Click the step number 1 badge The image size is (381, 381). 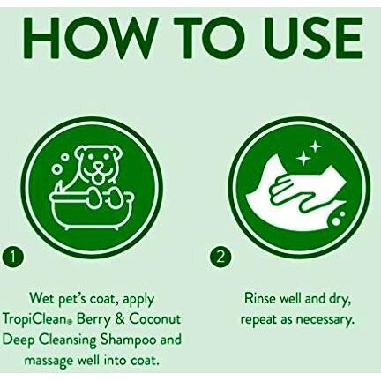(x=12, y=257)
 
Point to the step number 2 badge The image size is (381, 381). (x=220, y=257)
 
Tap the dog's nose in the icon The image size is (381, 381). (x=97, y=168)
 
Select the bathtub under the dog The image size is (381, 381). (x=90, y=211)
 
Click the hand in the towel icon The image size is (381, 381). (x=296, y=195)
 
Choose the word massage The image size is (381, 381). (x=49, y=362)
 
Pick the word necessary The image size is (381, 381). (x=324, y=320)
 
